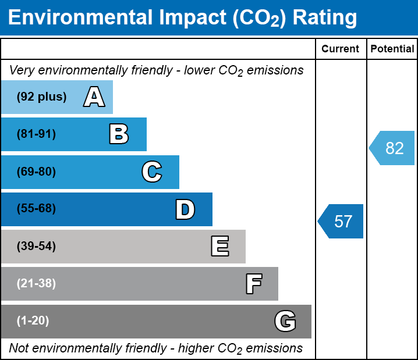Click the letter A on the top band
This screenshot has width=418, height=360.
click(x=94, y=97)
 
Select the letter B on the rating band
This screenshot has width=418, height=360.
click(x=119, y=134)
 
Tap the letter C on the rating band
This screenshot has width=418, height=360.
click(x=151, y=172)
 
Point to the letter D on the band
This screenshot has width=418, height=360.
click(x=185, y=209)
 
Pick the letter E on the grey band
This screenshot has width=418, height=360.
click(x=219, y=247)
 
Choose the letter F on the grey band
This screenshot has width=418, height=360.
click(x=253, y=284)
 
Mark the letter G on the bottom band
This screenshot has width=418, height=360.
click(x=285, y=321)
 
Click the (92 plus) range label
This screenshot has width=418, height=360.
click(x=41, y=97)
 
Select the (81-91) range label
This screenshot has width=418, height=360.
click(x=36, y=134)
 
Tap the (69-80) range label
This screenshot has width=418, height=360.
click(x=36, y=172)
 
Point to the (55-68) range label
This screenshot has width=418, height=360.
click(x=36, y=209)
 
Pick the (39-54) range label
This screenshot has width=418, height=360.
click(x=36, y=247)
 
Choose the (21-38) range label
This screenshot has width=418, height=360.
click(x=36, y=284)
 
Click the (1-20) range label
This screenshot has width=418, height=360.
click(x=33, y=321)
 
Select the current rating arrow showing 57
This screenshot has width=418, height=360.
click(x=342, y=222)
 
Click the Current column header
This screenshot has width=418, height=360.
click(x=341, y=49)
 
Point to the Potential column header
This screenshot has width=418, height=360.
click(x=392, y=49)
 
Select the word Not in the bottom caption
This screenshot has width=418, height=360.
click(x=19, y=348)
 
